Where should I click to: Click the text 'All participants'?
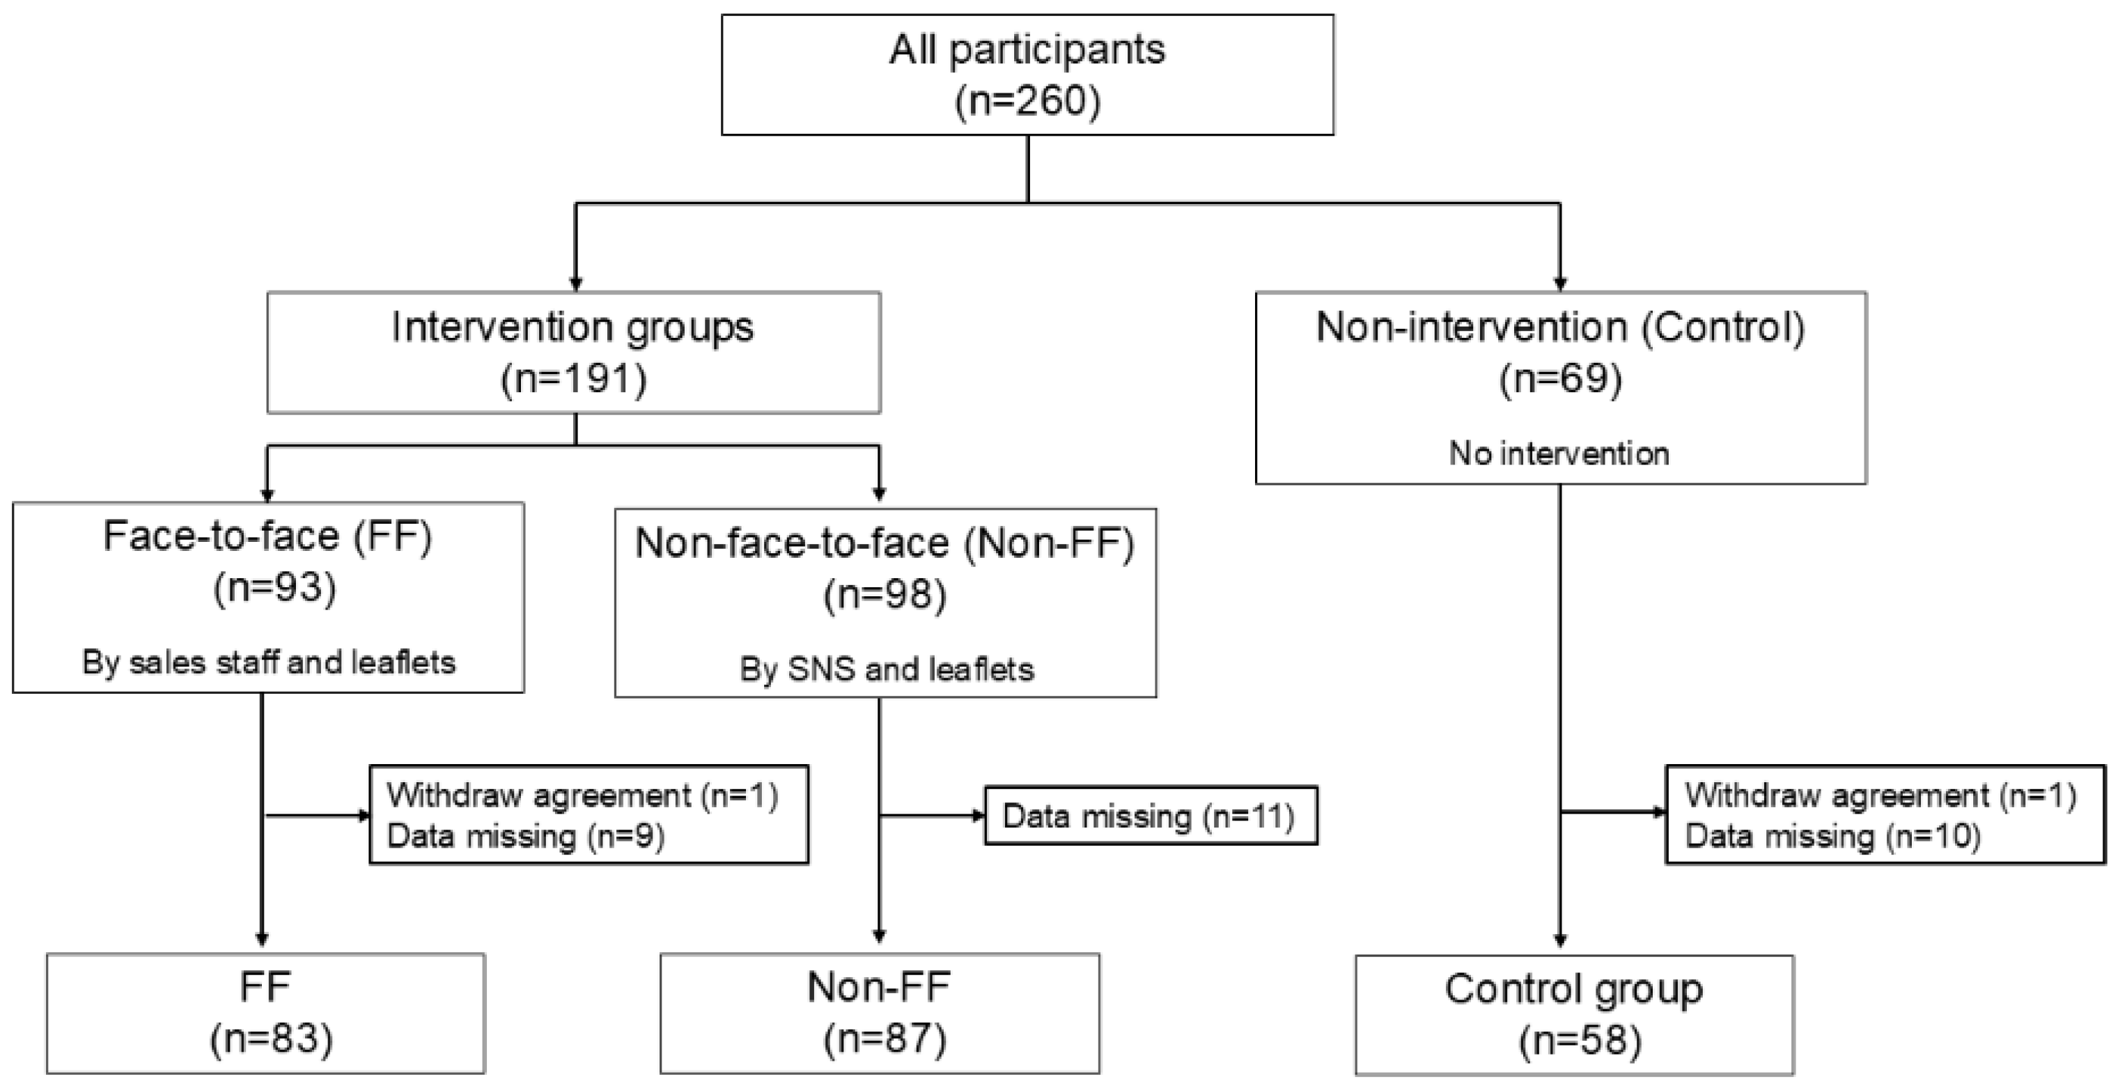[x=1027, y=49]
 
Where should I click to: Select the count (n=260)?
[x=1027, y=102]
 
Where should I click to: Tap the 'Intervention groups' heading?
[x=573, y=327]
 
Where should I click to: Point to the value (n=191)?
[x=574, y=379]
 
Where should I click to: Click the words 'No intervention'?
[x=1559, y=454]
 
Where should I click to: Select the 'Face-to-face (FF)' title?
[x=267, y=537]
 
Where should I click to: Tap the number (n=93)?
[x=274, y=589]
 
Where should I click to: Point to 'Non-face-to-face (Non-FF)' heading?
[x=885, y=543]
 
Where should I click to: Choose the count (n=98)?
[x=885, y=596]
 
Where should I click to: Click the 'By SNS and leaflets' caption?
[x=887, y=669]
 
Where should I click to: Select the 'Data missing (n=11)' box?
[x=1149, y=816]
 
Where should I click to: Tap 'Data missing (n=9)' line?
[x=525, y=837]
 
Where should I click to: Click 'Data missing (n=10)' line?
[x=1832, y=837]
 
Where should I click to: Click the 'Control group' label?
[x=1574, y=989]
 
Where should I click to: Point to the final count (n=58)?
[x=1580, y=1041]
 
